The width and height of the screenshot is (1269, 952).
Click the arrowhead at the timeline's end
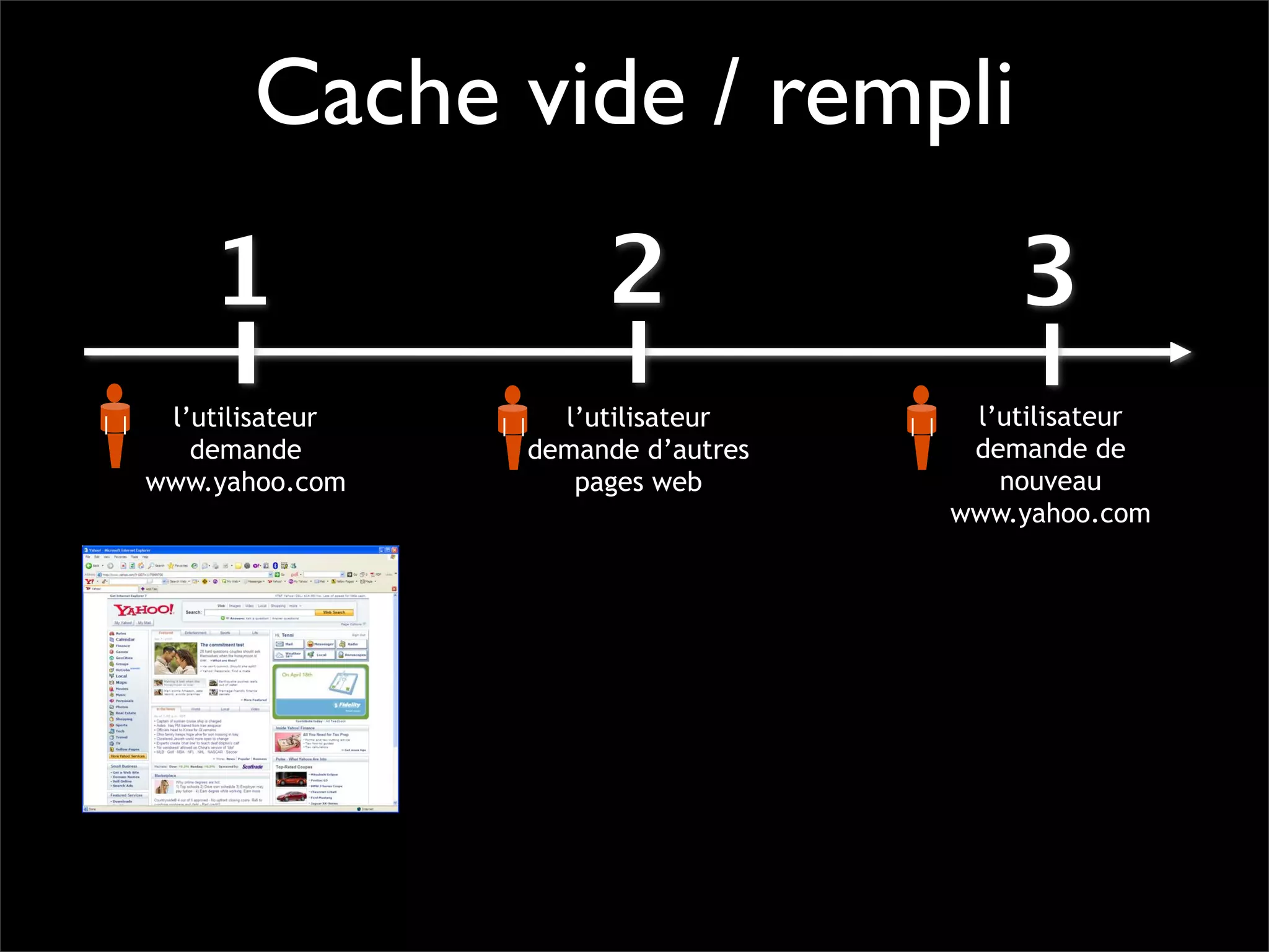1180,352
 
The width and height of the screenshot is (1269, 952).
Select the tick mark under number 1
246,352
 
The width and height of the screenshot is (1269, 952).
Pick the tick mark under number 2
639,352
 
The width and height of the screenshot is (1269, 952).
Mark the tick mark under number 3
1052,353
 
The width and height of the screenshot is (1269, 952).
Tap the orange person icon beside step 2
512,427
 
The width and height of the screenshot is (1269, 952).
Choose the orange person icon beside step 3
921,427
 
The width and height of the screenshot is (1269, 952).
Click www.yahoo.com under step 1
245,482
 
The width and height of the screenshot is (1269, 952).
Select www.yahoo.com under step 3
1050,514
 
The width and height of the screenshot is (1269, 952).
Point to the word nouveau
1050,481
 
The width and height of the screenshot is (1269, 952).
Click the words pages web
638,482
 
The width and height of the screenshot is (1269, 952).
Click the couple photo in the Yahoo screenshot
175,658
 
